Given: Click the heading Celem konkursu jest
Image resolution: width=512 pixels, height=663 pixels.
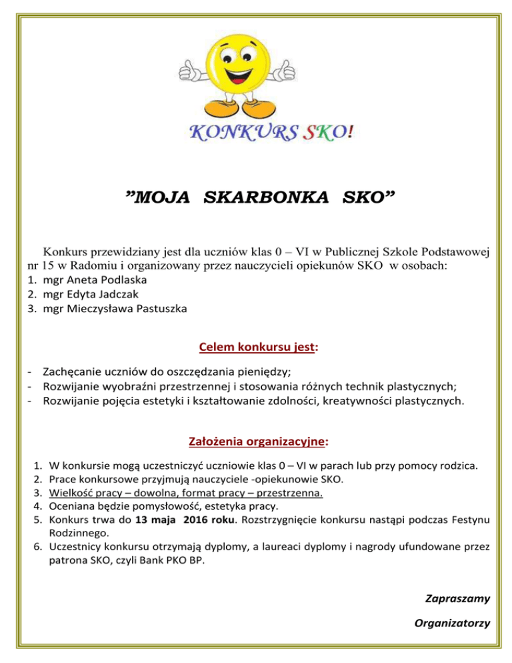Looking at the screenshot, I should (x=256, y=347).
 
